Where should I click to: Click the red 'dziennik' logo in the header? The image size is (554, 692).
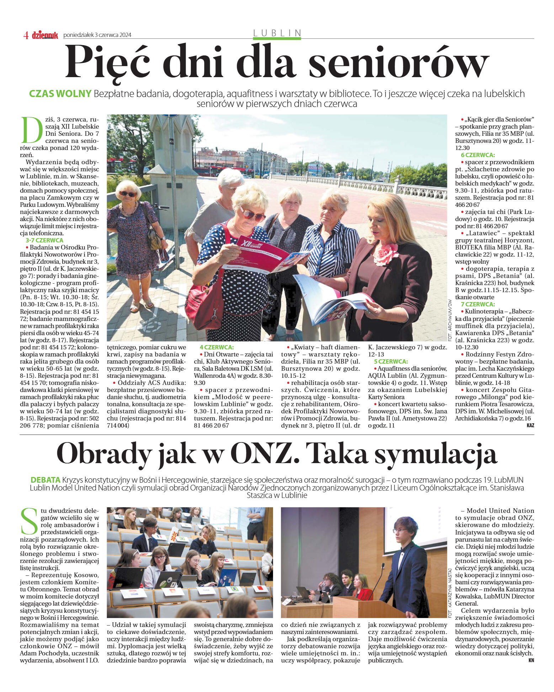tap(45, 35)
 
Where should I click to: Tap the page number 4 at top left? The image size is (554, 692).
tap(26, 35)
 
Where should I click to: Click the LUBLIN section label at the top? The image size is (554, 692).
tap(277, 33)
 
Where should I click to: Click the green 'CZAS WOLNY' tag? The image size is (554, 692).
tap(60, 94)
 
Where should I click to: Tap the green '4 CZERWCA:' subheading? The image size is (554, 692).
tap(216, 347)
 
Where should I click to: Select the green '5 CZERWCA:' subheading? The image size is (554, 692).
tap(390, 361)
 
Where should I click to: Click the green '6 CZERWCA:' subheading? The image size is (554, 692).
tap(478, 155)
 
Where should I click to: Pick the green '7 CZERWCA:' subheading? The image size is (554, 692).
tap(478, 304)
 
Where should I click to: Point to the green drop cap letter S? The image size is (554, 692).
tap(29, 521)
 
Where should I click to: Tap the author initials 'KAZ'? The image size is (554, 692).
tap(530, 425)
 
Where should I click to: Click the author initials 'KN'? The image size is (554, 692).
tap(531, 660)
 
